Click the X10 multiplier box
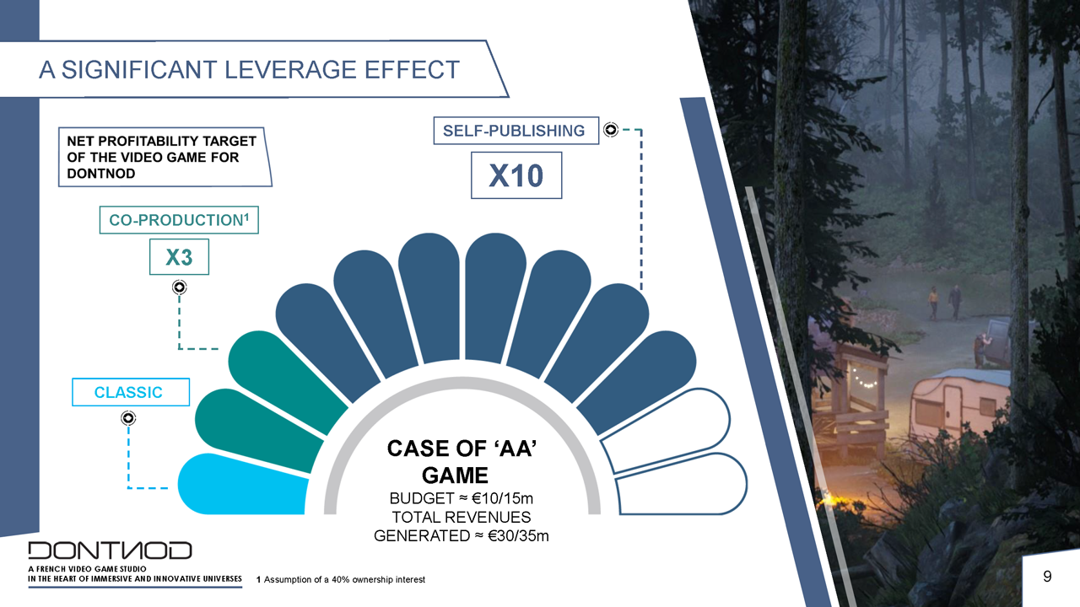(x=516, y=175)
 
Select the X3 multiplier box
(x=179, y=257)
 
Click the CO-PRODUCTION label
(x=179, y=220)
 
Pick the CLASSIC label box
(x=131, y=392)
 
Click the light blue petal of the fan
(x=242, y=485)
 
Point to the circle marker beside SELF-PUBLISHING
(x=610, y=130)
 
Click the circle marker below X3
(x=180, y=287)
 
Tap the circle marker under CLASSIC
(x=128, y=418)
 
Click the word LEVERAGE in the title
(x=290, y=70)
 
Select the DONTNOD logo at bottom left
(x=110, y=551)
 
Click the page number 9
(x=1047, y=577)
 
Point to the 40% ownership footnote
(x=341, y=579)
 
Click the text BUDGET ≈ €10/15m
(x=461, y=497)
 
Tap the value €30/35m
(x=518, y=535)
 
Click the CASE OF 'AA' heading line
(x=462, y=449)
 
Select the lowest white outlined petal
(x=682, y=484)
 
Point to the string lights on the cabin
(x=863, y=379)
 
